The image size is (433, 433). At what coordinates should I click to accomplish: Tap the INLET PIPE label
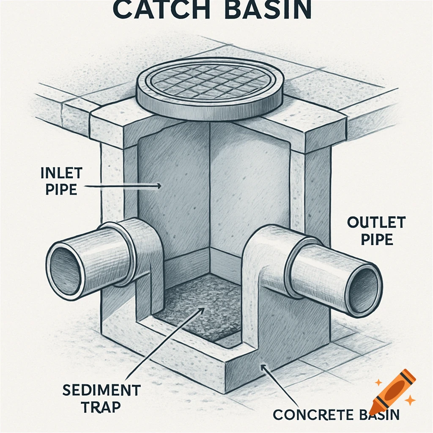coord(59,181)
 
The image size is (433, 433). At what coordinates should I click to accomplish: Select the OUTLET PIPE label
coord(370,231)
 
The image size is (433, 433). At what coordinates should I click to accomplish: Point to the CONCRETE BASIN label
coord(336,414)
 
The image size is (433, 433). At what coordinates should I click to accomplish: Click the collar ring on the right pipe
coord(296,266)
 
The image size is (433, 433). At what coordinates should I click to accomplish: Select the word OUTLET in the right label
coord(370,222)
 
